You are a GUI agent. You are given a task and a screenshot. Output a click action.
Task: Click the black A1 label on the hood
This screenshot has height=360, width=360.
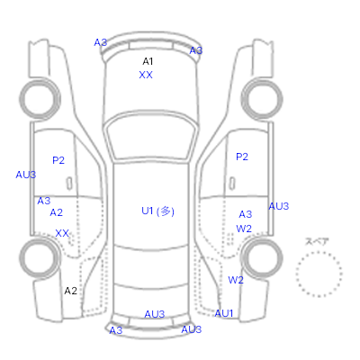coord(148,61)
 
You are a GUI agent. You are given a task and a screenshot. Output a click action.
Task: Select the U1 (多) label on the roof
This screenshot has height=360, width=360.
coord(157,211)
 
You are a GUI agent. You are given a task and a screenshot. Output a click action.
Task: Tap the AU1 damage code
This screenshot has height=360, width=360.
coord(224,313)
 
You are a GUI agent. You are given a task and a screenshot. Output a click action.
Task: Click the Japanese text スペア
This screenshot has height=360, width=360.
coord(317,241)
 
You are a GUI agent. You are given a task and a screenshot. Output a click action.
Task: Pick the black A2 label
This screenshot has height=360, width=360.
coord(71,291)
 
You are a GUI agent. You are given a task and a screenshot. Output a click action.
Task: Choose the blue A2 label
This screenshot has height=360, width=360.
coord(57,212)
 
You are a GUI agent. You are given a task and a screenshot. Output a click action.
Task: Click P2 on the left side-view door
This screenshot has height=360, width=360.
coord(58,160)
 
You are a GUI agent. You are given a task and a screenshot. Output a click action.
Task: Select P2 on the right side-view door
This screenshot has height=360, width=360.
coord(242,157)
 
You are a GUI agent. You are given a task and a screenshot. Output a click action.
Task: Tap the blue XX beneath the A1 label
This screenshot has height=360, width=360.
coord(146,75)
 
